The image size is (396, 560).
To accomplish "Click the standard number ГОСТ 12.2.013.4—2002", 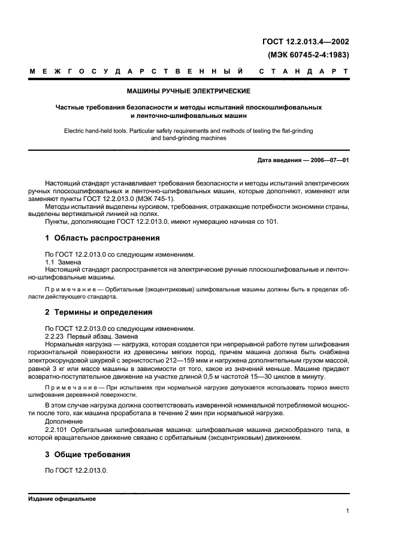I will [306, 42].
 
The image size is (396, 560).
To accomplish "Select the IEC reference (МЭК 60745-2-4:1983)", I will [309, 54].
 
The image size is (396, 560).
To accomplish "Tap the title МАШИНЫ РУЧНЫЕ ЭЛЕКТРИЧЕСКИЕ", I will [189, 92].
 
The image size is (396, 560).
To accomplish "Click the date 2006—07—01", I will [330, 160].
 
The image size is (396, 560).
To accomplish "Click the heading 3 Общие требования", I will [87, 455].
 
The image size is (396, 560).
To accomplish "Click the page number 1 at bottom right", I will [347, 510].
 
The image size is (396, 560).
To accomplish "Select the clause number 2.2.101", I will [58, 430].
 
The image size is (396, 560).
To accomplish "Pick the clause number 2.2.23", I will [56, 336].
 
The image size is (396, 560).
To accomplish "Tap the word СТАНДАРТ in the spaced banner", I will [304, 72].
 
